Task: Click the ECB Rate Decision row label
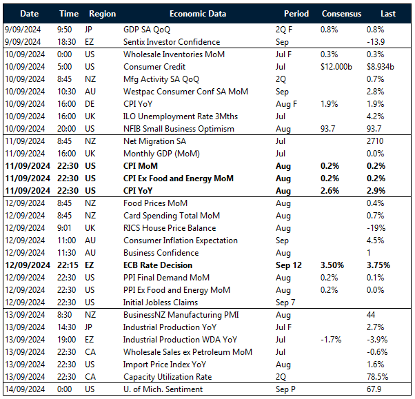click(157, 265)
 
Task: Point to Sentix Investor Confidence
click(171, 42)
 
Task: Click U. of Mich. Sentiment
click(163, 389)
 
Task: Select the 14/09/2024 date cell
click(27, 389)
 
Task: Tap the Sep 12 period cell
click(290, 265)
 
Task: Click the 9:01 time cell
click(65, 228)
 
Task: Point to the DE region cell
click(93, 104)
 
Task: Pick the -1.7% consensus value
click(332, 340)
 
